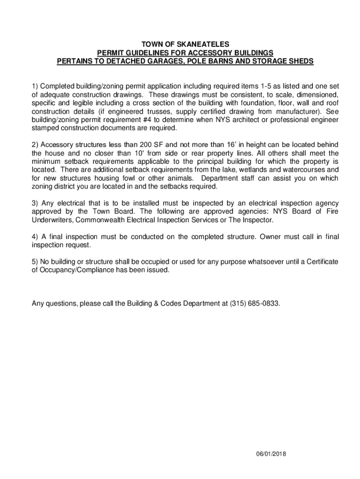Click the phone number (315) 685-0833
(x=255, y=304)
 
